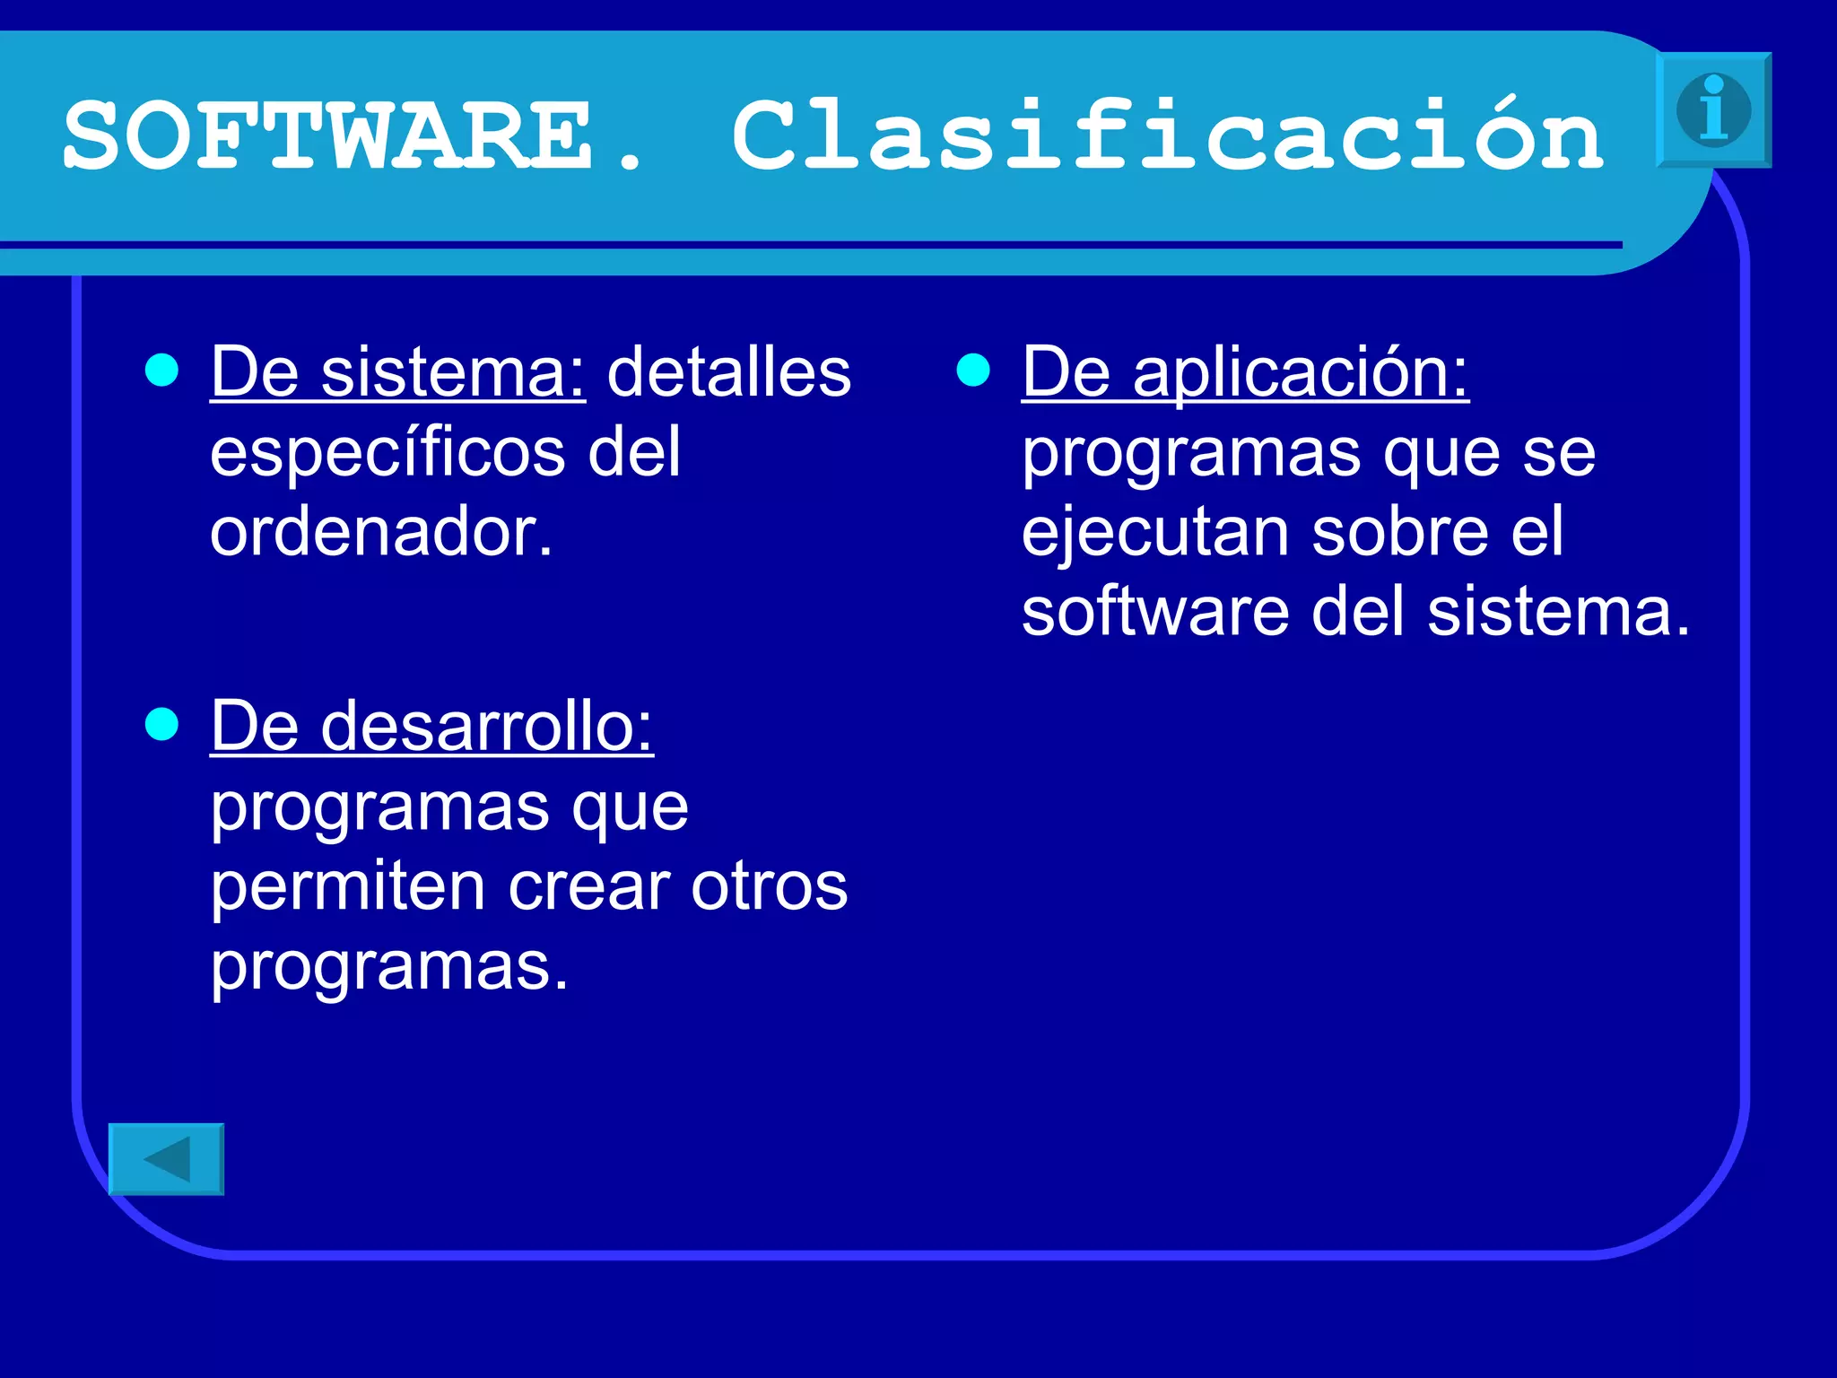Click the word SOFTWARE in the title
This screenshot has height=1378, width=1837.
[328, 136]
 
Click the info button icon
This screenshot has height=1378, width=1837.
[1713, 109]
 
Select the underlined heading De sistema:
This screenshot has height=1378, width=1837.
[397, 372]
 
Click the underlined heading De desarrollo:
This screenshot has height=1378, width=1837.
[431, 727]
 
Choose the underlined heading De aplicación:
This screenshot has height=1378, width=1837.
[1245, 372]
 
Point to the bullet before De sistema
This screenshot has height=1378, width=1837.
[161, 370]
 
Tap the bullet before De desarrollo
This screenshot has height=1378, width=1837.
[161, 724]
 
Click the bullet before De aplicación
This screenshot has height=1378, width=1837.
[973, 370]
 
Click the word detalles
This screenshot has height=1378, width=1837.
[729, 372]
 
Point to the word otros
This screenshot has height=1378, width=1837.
[769, 886]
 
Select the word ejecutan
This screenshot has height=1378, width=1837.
[1155, 532]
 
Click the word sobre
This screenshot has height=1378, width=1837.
[1400, 532]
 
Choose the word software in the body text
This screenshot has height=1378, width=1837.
[1155, 612]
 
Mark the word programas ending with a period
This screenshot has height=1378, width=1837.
[389, 967]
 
